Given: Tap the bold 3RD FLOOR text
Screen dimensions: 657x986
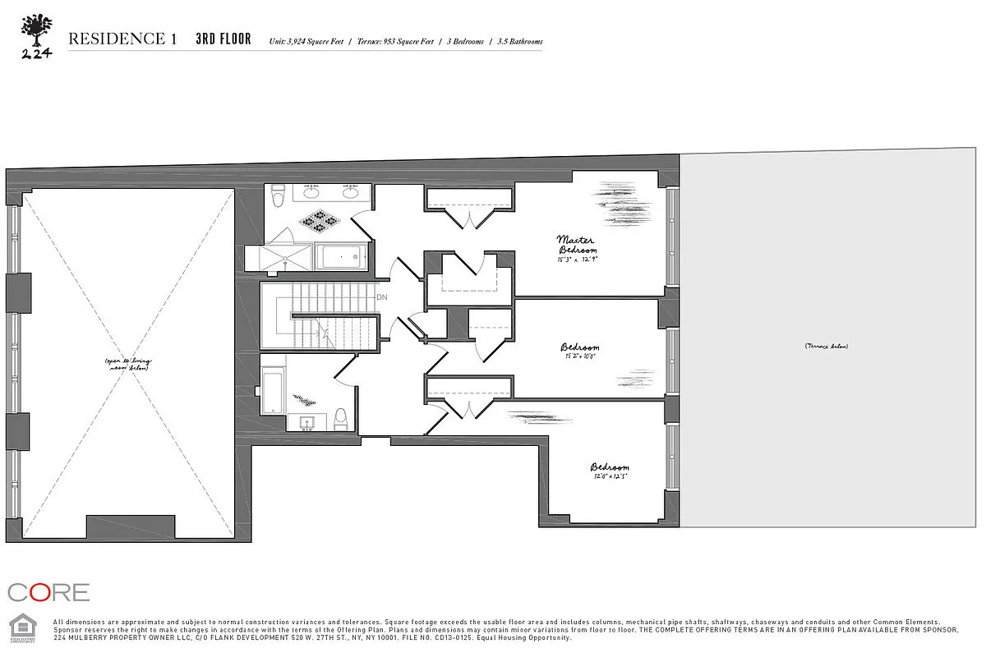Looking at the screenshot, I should pos(223,39).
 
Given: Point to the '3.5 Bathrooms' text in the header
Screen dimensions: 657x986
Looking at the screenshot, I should pos(520,41).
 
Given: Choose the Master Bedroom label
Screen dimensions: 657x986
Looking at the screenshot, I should pos(578,245).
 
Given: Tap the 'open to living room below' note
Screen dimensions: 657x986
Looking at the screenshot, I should pos(128,365).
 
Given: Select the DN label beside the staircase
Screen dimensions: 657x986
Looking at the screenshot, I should pos(381,297).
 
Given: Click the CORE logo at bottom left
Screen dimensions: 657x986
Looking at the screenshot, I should pos(48,592).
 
